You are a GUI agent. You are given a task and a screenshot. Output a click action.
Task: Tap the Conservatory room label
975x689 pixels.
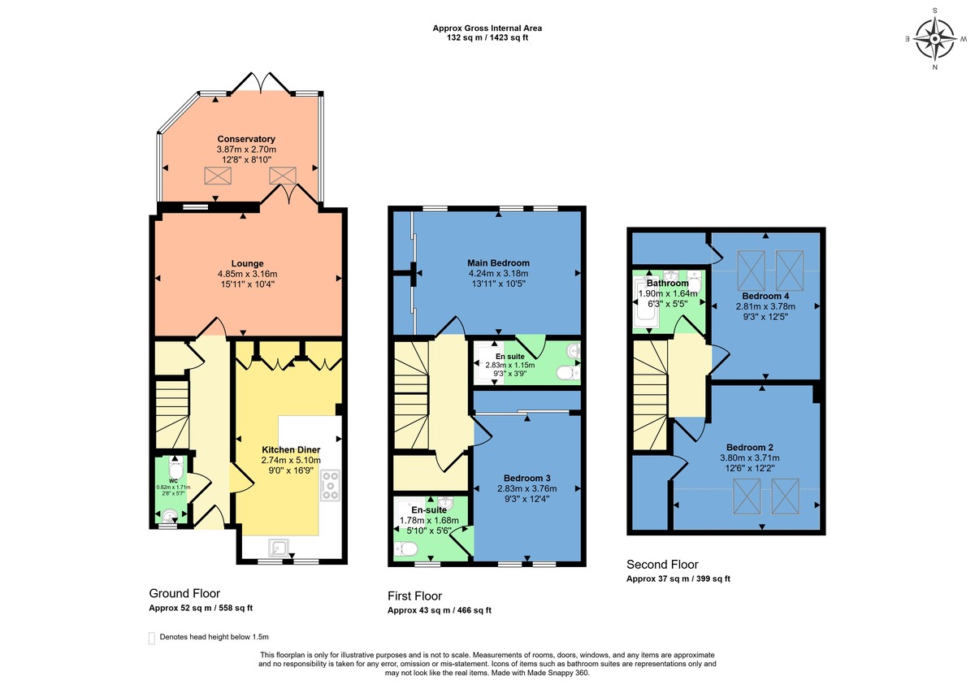(x=246, y=139)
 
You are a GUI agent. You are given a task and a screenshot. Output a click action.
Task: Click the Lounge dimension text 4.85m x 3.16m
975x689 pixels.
(x=247, y=274)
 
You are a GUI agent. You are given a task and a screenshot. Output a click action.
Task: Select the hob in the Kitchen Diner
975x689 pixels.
(x=331, y=485)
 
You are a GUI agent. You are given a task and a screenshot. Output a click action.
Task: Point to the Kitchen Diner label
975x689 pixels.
(x=291, y=449)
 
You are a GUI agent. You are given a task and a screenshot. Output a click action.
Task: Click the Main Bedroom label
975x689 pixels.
(x=498, y=263)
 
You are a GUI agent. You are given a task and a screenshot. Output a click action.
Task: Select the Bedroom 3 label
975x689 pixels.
(x=527, y=478)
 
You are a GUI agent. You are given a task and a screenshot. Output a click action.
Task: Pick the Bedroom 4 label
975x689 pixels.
(x=763, y=296)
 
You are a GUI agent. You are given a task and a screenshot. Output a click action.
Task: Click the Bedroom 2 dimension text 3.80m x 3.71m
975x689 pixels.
(x=748, y=458)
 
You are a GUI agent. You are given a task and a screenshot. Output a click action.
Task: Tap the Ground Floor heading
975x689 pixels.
(x=184, y=594)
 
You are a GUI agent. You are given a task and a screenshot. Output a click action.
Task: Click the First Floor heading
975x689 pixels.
(x=414, y=596)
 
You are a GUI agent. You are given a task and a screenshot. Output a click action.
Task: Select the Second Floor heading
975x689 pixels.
(x=662, y=565)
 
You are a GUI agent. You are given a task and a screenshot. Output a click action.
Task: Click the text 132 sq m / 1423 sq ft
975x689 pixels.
(x=487, y=37)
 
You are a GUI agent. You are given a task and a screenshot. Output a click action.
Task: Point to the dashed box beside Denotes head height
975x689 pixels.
(x=152, y=638)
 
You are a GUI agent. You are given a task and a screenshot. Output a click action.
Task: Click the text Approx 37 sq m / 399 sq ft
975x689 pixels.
(x=678, y=579)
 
